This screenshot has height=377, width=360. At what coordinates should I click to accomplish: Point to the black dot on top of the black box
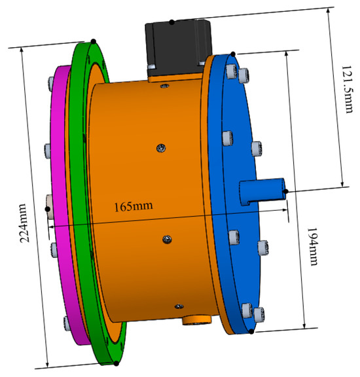pos(171,22)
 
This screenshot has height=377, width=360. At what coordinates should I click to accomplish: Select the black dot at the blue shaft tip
pos(287,191)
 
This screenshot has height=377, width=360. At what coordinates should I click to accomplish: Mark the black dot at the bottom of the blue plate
pos(251,331)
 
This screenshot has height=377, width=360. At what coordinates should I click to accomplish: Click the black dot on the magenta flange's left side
pos(47,209)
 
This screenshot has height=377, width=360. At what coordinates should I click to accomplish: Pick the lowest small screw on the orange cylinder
pos(175,305)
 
